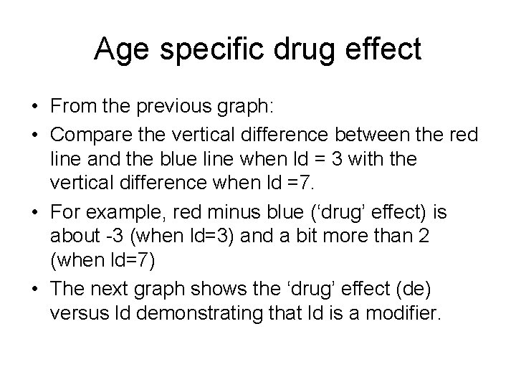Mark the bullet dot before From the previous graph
pyautogui.click(x=34, y=108)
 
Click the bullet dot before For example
pyautogui.click(x=34, y=210)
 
